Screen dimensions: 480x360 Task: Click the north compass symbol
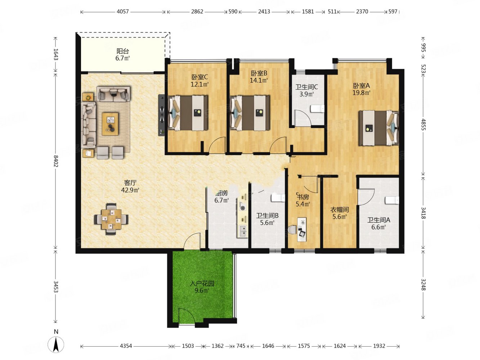click(56, 344)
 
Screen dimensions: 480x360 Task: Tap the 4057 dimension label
click(122, 12)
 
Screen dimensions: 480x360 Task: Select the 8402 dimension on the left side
click(56, 161)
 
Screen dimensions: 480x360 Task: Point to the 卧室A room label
click(361, 85)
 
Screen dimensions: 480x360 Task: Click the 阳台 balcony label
click(122, 51)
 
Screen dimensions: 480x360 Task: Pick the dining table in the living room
click(111, 219)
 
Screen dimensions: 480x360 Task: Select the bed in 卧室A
click(378, 128)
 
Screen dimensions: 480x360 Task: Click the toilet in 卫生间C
click(317, 109)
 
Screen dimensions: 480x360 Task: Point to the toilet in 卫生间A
click(392, 200)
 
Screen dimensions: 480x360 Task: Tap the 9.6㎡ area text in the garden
click(202, 291)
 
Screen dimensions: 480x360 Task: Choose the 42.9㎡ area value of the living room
click(130, 190)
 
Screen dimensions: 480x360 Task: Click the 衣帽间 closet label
click(339, 210)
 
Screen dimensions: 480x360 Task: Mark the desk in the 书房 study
click(301, 229)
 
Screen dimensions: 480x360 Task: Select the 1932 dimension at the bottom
click(379, 346)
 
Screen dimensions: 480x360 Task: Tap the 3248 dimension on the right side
click(423, 285)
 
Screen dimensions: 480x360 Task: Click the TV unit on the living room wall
click(161, 115)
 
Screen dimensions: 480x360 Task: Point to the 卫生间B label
click(267, 216)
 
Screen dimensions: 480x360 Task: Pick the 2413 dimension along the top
click(264, 12)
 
